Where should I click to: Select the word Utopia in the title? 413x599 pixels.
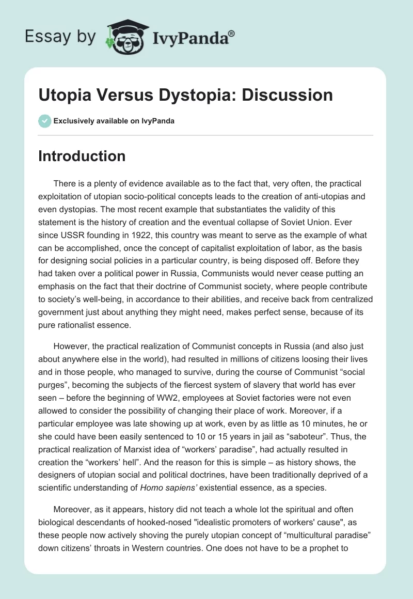pyautogui.click(x=63, y=95)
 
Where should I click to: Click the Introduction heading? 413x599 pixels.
pyautogui.click(x=82, y=156)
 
